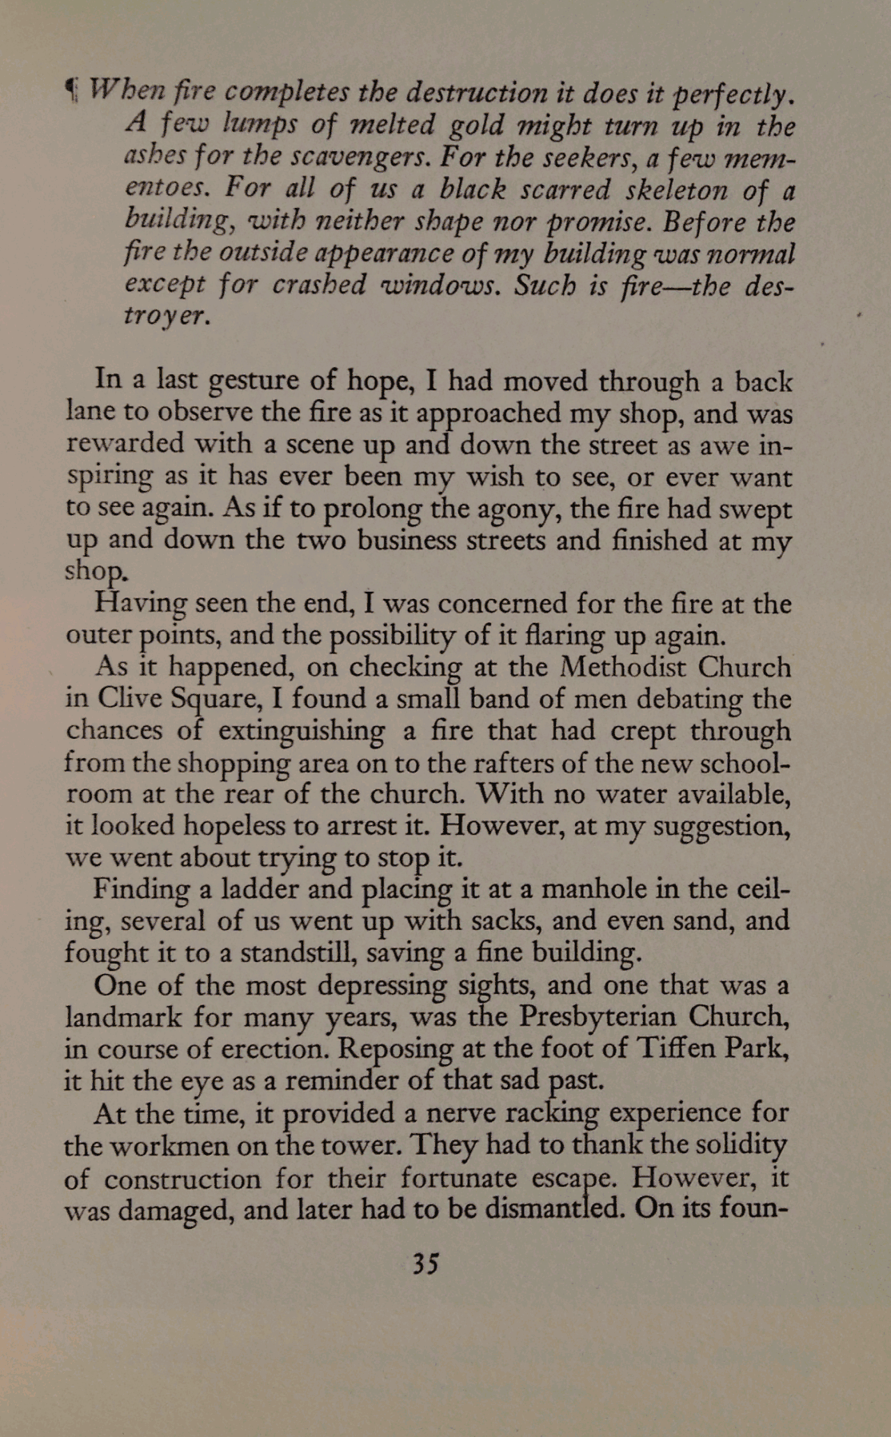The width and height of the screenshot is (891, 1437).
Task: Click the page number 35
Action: [425, 1263]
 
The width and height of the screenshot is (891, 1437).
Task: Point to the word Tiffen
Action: [678, 1048]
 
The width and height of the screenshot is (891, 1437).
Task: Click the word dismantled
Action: [554, 1208]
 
